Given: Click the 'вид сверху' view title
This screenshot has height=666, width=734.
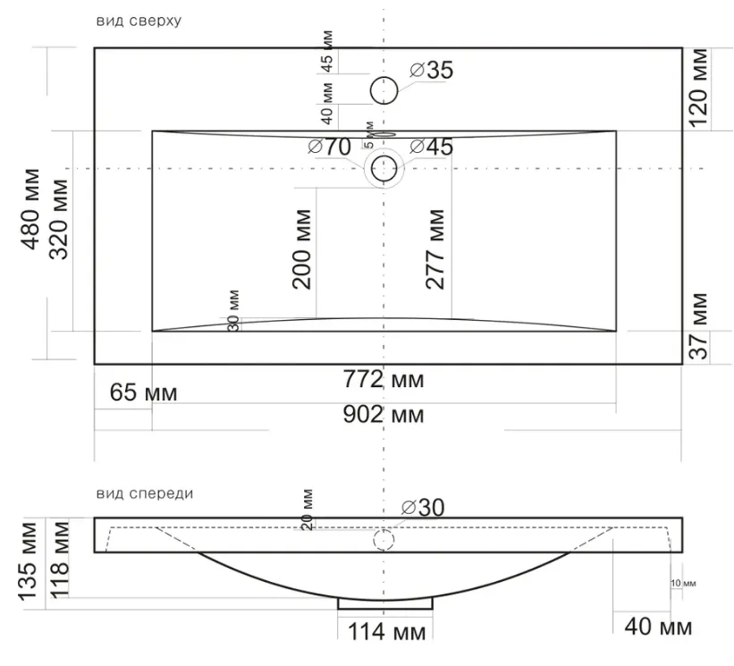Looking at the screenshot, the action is [x=139, y=21].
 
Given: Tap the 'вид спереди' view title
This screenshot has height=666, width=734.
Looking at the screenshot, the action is [x=145, y=493].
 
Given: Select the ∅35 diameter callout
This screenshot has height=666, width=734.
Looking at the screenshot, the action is [x=432, y=71].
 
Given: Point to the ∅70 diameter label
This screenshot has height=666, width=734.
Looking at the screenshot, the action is [x=330, y=147].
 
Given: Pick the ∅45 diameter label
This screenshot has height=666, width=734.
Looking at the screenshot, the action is [x=432, y=147].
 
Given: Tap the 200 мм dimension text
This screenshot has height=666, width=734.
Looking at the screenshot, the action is [x=301, y=249].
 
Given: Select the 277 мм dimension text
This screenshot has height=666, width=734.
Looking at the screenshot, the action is [x=434, y=249].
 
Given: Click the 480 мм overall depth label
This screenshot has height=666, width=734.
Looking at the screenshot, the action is [x=30, y=209].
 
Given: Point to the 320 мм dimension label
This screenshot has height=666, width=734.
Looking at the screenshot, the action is [x=59, y=219].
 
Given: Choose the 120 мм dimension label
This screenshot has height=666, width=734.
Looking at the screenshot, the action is [x=698, y=88].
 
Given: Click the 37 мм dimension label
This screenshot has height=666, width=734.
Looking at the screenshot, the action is [x=699, y=326].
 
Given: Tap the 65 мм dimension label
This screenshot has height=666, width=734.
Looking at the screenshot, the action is [x=144, y=392].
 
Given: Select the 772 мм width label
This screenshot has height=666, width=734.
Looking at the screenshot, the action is [x=384, y=379].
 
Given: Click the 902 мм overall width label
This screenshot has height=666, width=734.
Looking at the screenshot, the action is [x=384, y=414].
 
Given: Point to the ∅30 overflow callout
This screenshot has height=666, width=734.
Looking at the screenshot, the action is [x=423, y=508].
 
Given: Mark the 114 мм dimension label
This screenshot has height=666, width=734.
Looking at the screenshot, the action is [x=386, y=632].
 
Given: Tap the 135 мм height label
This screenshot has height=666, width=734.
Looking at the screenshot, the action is [x=27, y=561].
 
